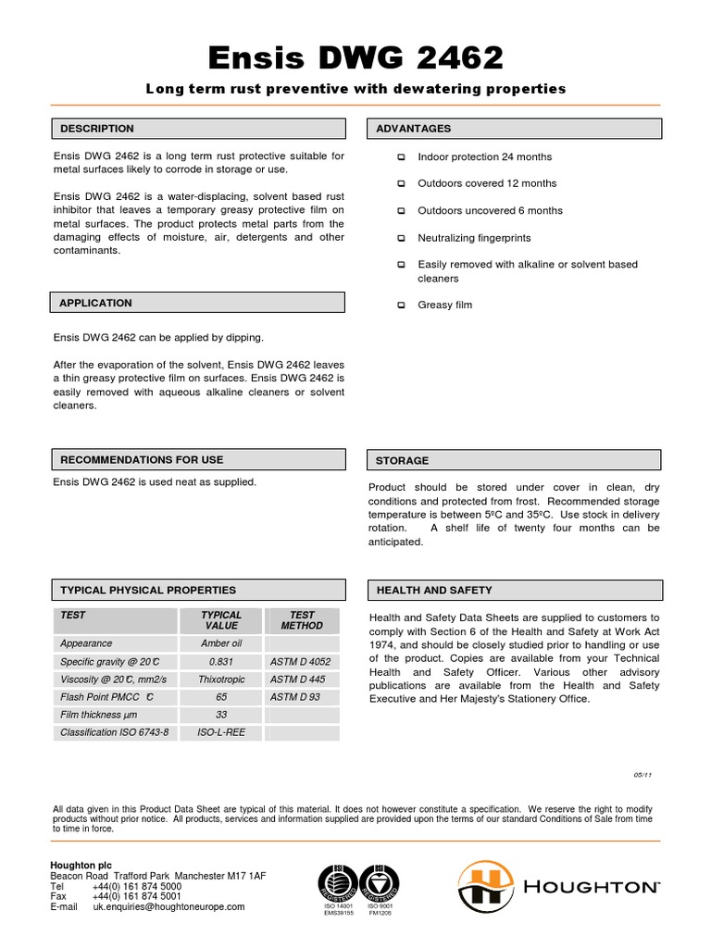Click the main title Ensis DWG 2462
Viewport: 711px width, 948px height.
[x=355, y=58]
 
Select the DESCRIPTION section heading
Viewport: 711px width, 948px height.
[x=97, y=129]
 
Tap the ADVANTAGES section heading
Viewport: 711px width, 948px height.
[x=413, y=129]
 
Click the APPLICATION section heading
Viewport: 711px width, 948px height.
[x=95, y=303]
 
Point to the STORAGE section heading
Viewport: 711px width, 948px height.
[x=402, y=460]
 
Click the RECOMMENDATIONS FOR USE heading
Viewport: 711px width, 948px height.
[x=142, y=459]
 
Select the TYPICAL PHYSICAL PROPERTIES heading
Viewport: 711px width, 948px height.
[x=148, y=590]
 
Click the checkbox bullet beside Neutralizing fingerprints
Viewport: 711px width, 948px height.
[x=401, y=238]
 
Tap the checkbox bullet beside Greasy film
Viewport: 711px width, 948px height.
[x=401, y=305]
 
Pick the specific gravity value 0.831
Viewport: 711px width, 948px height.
[x=221, y=662]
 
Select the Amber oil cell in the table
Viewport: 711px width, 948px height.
[x=221, y=643]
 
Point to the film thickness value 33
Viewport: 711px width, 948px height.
[x=221, y=714]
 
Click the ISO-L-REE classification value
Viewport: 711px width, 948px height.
[x=221, y=731]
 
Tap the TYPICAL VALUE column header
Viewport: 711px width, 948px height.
[x=221, y=620]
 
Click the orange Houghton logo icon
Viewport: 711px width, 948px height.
[x=480, y=886]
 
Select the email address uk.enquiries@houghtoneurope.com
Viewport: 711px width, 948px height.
[x=168, y=907]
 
